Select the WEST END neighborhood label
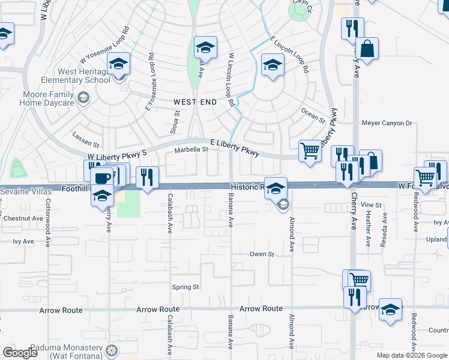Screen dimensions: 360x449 (x=195, y=103)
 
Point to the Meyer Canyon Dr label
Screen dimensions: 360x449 (x=387, y=124)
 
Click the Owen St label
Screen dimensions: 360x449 (x=262, y=254)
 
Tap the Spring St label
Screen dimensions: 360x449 (x=185, y=287)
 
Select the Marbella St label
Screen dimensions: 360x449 (x=191, y=149)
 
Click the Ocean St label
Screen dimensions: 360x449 (x=312, y=114)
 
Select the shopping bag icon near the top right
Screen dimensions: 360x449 (x=367, y=49)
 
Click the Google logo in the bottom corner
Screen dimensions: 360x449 (x=20, y=352)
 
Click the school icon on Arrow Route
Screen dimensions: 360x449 (x=390, y=310)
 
